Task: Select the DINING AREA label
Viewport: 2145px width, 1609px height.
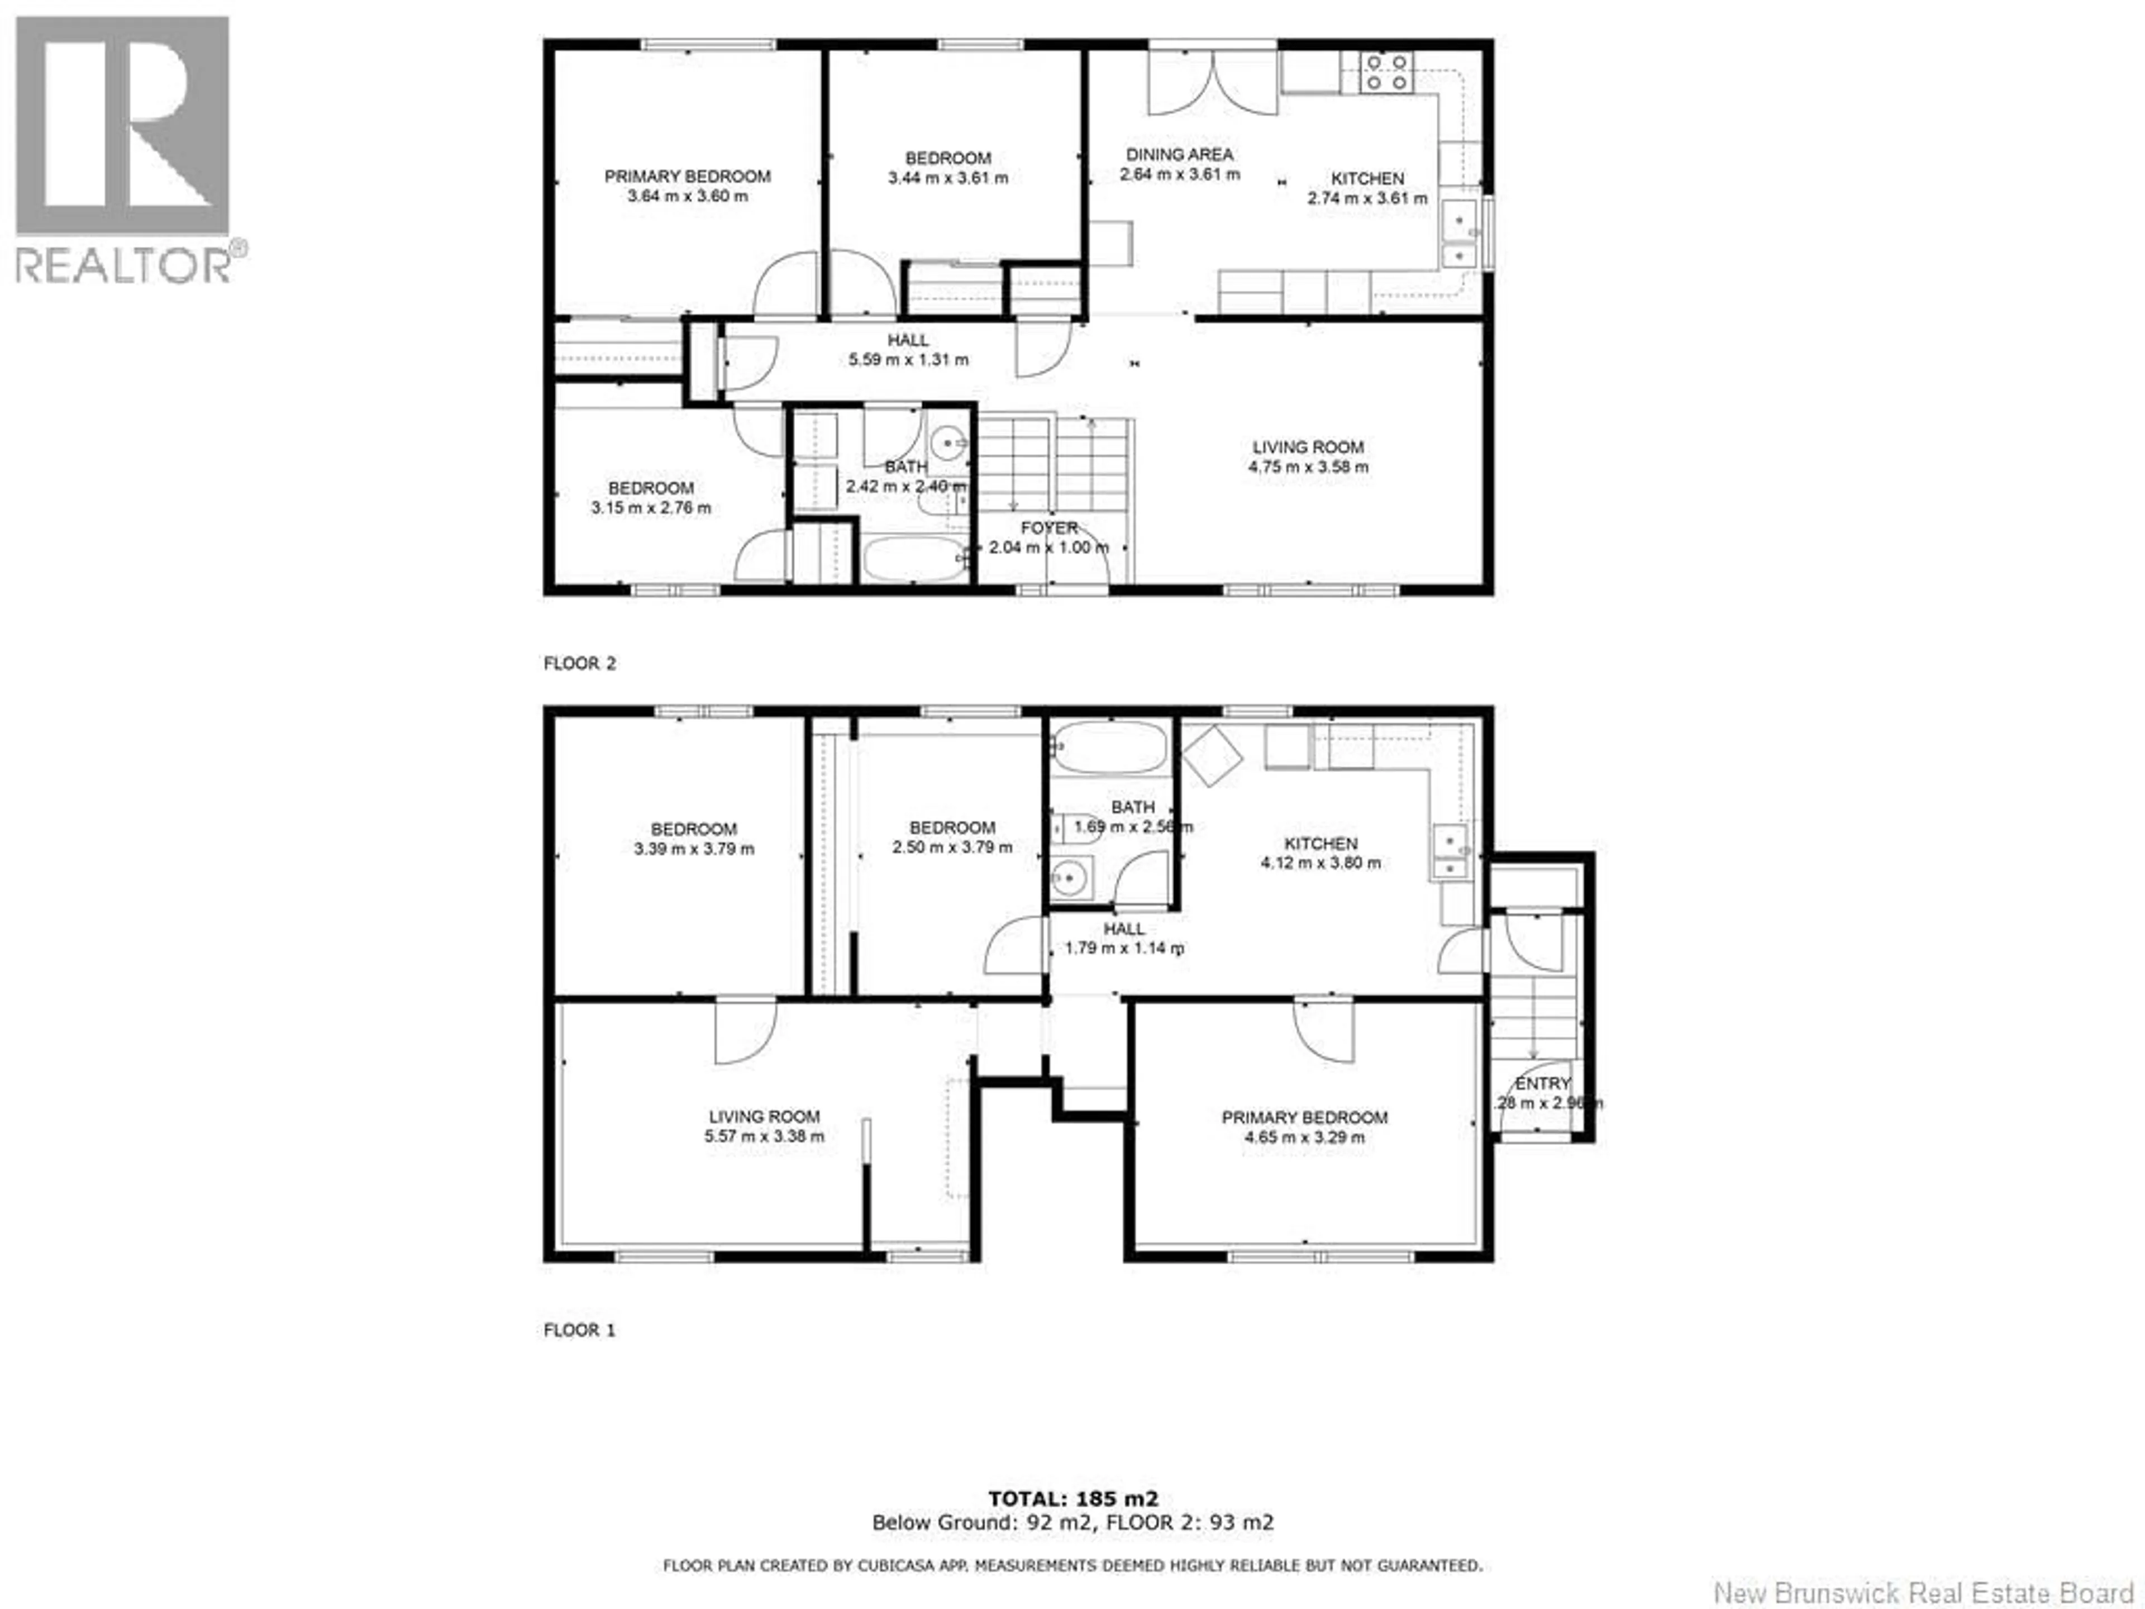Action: (1179, 154)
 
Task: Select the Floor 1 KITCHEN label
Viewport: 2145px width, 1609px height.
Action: (1321, 844)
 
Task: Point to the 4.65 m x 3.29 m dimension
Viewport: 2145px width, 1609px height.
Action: (1304, 1137)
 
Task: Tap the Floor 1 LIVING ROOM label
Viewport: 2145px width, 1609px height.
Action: (764, 1116)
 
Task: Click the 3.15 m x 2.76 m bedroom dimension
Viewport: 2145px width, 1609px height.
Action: (651, 507)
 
